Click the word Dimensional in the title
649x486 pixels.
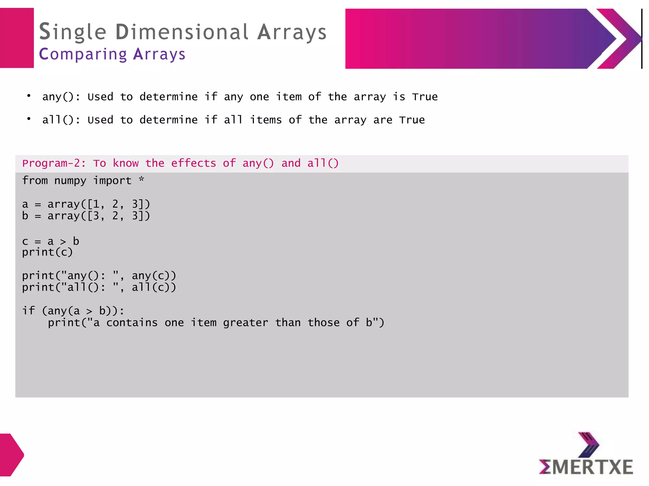tap(182, 32)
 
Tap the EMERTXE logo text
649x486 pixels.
tap(586, 467)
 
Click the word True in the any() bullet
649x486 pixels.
tap(425, 97)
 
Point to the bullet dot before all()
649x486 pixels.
tap(29, 119)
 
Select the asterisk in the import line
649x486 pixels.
tap(141, 179)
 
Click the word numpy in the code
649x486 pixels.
tap(70, 181)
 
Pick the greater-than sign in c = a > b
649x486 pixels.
tap(63, 242)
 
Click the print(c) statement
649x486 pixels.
tap(48, 252)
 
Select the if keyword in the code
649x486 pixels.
tap(29, 311)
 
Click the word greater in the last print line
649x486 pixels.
tap(246, 323)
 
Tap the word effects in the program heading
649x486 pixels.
tap(193, 163)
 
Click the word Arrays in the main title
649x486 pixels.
tap(292, 32)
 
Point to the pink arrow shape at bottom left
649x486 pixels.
tap(11, 455)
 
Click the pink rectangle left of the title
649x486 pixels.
tap(17, 38)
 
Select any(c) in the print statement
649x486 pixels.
tap(154, 276)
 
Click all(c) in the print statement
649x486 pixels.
tap(154, 288)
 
